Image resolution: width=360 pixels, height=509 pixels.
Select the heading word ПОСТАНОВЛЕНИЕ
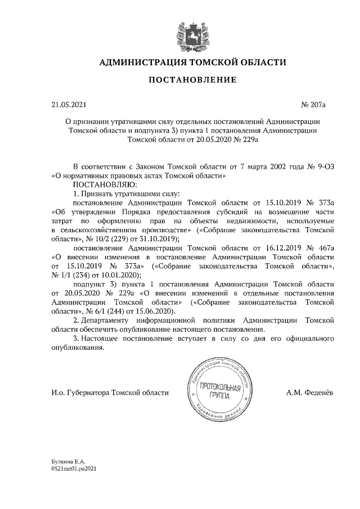coord(192,81)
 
